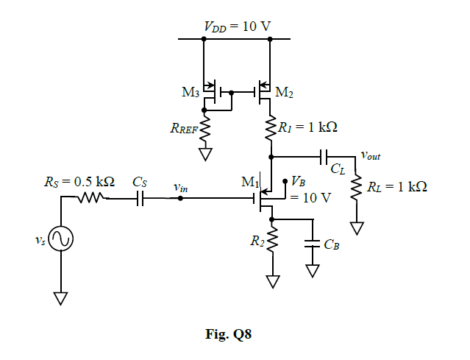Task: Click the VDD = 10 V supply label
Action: [x=237, y=27]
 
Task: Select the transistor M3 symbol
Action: [x=211, y=93]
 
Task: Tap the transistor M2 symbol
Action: [x=264, y=93]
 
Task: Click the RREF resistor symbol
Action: [x=205, y=129]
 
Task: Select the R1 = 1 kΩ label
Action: [x=308, y=127]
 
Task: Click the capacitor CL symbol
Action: [x=324, y=156]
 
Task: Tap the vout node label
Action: [x=370, y=155]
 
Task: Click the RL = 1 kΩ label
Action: [x=397, y=186]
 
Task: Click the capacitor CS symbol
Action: [x=140, y=197]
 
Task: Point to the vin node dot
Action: [x=181, y=197]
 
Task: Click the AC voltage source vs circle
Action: [x=60, y=240]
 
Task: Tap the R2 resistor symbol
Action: [x=273, y=241]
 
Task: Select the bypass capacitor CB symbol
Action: [x=313, y=244]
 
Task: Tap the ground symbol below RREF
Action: [x=205, y=154]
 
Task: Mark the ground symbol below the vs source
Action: [x=60, y=297]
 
